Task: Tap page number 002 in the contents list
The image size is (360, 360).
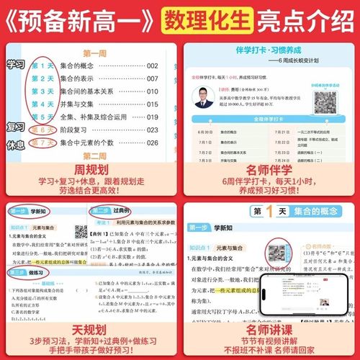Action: click(x=151, y=66)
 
